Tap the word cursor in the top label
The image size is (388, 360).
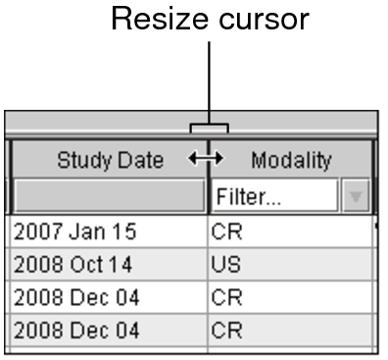262,20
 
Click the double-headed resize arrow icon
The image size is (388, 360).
207,158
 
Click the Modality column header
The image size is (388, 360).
291,159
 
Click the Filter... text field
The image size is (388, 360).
274,197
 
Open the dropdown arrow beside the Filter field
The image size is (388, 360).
356,197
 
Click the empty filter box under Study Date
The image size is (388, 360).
108,197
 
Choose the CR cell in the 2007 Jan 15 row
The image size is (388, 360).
223,233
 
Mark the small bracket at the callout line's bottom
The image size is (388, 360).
210,127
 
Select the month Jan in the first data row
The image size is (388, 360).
78,233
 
